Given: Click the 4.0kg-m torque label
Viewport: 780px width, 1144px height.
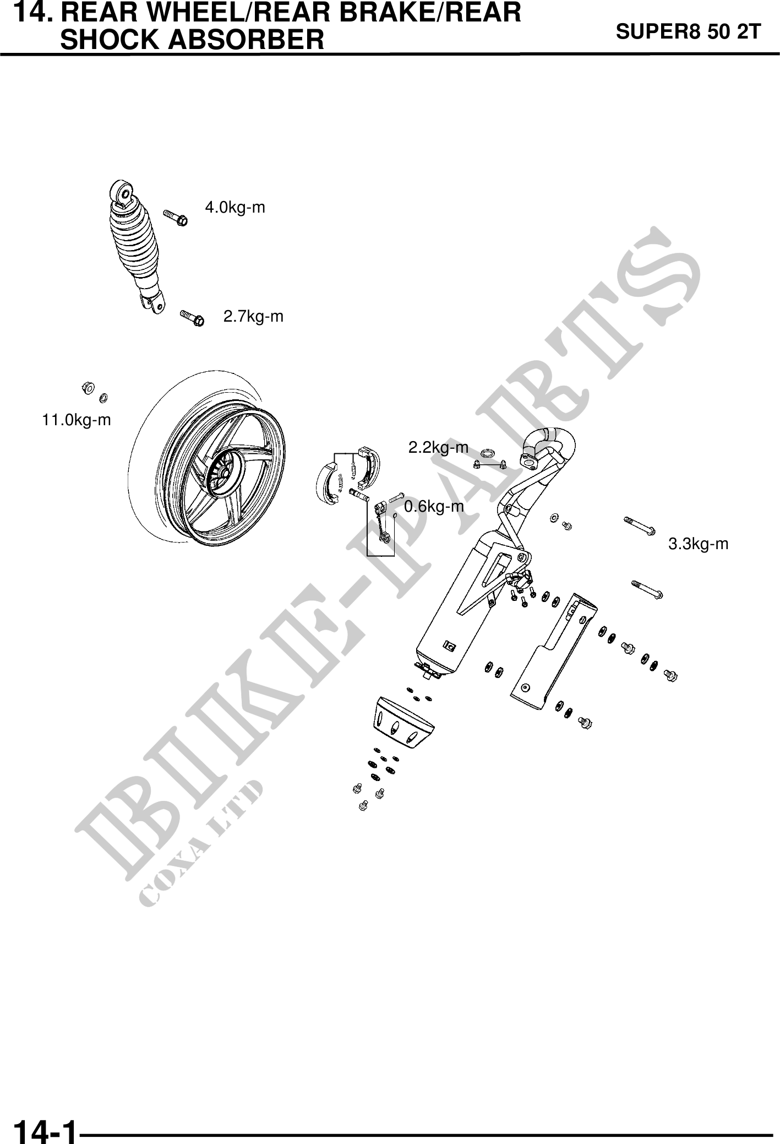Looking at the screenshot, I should [x=235, y=208].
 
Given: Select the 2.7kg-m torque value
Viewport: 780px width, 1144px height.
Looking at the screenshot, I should [x=253, y=317].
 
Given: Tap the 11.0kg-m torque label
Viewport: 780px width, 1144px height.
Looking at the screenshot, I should [x=77, y=420].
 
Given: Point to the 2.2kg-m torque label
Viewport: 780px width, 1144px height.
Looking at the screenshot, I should [x=438, y=448].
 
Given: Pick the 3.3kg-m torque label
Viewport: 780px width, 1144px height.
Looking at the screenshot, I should [x=698, y=544].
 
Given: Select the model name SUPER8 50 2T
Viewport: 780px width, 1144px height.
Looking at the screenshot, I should [x=688, y=32].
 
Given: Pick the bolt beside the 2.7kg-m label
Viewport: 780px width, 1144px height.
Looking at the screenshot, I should [x=192, y=318].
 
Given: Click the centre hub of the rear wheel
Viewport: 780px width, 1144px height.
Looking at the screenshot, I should [x=223, y=473].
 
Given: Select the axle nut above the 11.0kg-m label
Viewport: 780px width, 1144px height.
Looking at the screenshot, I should [x=86, y=387].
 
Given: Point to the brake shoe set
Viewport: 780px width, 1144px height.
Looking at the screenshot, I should [x=344, y=474].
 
